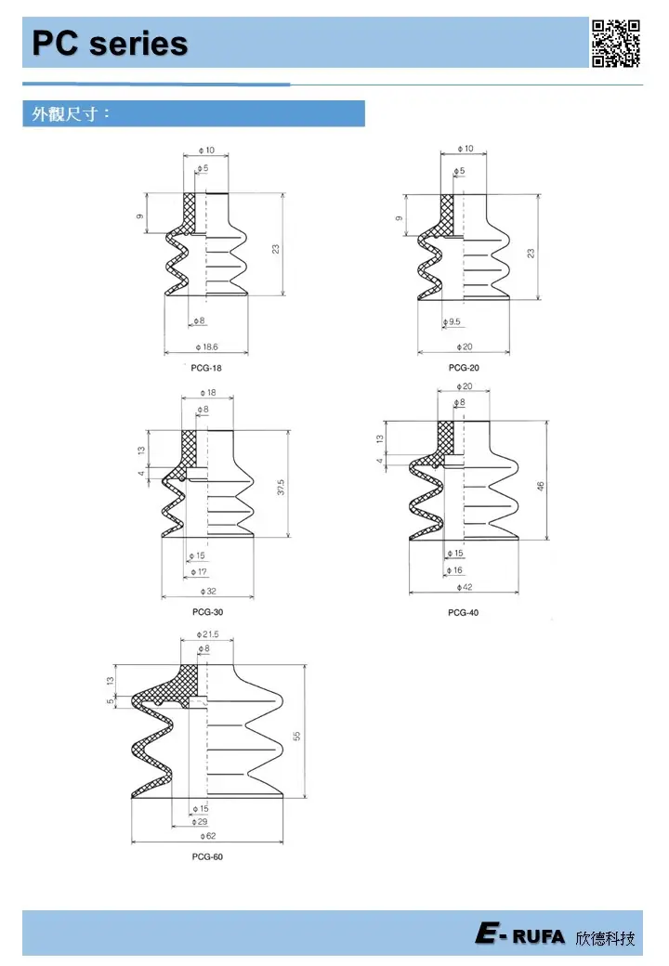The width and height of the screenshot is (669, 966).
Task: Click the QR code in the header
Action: (x=616, y=42)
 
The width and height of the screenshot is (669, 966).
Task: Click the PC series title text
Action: (x=110, y=44)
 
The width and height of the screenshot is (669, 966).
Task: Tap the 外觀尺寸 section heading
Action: (x=72, y=114)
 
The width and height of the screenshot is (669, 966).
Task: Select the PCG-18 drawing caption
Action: (x=205, y=368)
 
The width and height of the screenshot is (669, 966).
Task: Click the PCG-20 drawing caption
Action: (x=463, y=368)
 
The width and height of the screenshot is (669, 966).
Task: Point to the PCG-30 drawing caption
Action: (x=207, y=612)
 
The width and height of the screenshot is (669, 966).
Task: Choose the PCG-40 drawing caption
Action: (x=463, y=612)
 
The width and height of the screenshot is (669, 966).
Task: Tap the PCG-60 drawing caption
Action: (x=207, y=856)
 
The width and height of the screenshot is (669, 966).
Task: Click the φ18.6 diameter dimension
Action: (x=206, y=346)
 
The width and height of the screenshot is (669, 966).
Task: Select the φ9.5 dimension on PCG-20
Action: (x=453, y=321)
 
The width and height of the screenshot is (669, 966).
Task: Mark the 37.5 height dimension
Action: (x=281, y=486)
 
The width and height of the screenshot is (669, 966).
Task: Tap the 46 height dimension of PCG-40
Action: (x=541, y=486)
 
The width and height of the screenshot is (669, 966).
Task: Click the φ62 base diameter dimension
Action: (x=205, y=836)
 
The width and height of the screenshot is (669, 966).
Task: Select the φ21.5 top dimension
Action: (x=206, y=634)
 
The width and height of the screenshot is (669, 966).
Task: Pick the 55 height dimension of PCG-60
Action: (x=298, y=736)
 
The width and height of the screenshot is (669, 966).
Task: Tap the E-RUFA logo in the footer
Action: (x=519, y=936)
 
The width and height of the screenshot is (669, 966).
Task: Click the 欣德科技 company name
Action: (x=606, y=937)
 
